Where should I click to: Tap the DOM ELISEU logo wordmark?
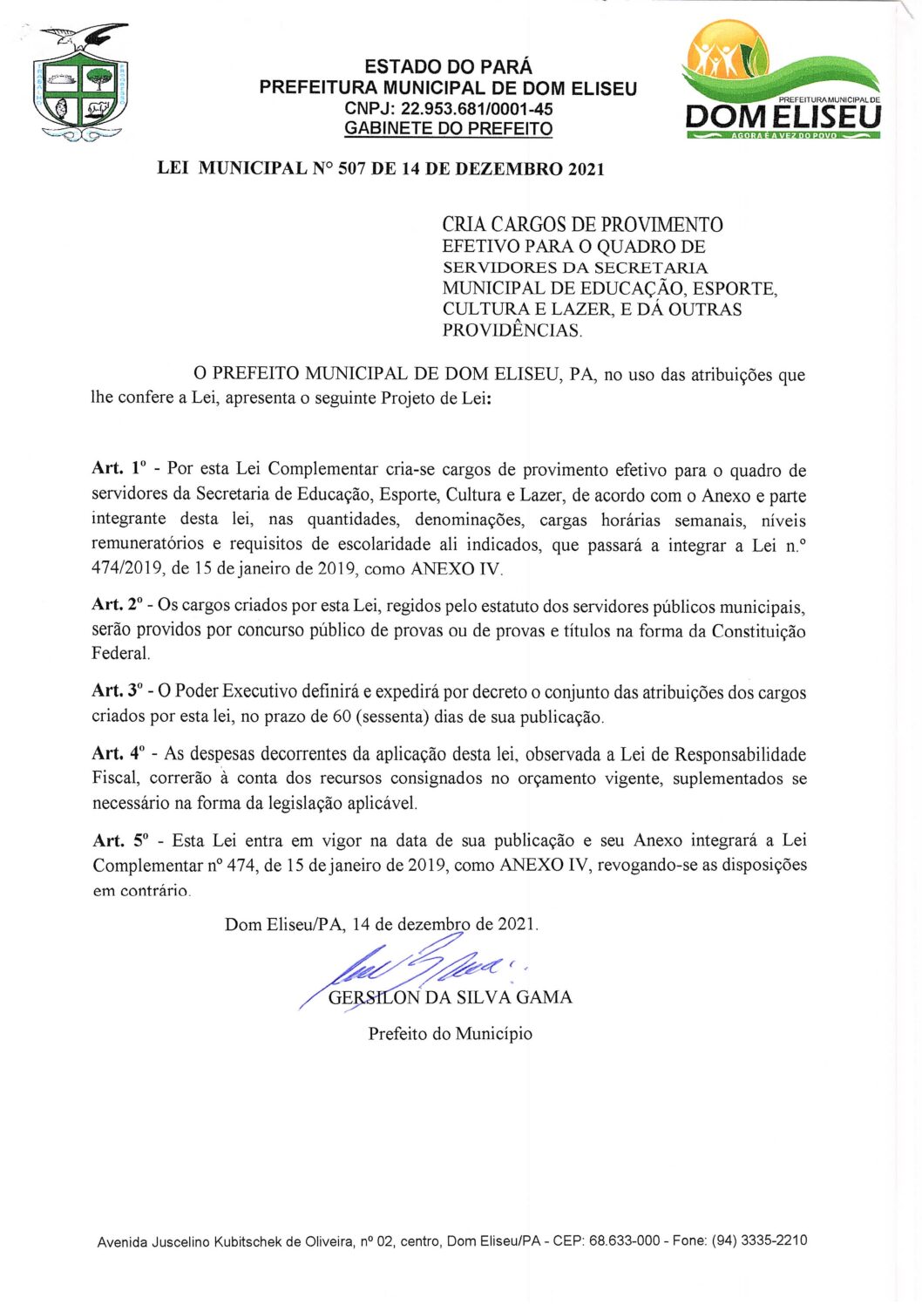[x=783, y=117]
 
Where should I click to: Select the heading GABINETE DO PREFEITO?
[x=448, y=129]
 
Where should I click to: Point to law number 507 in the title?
[x=351, y=169]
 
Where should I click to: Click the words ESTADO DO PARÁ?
[x=448, y=67]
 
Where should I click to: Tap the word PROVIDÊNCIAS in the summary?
[x=511, y=330]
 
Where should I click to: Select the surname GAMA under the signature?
[x=544, y=997]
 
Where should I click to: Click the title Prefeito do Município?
[x=450, y=1034]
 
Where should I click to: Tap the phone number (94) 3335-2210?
[x=759, y=1240]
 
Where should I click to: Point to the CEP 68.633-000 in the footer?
[x=624, y=1240]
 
